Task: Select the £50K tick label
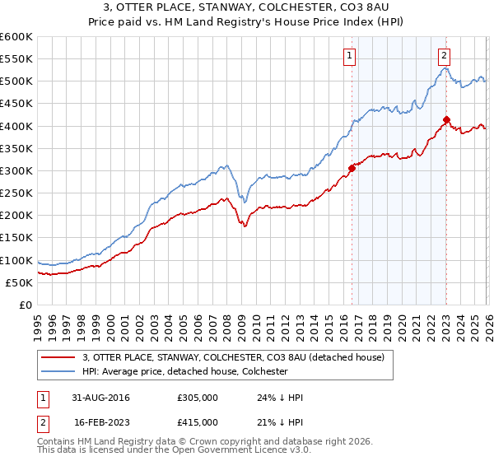click(19, 282)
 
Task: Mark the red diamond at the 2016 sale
click(352, 168)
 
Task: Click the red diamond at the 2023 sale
click(446, 119)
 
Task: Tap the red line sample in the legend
click(59, 356)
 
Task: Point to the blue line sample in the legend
click(59, 371)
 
